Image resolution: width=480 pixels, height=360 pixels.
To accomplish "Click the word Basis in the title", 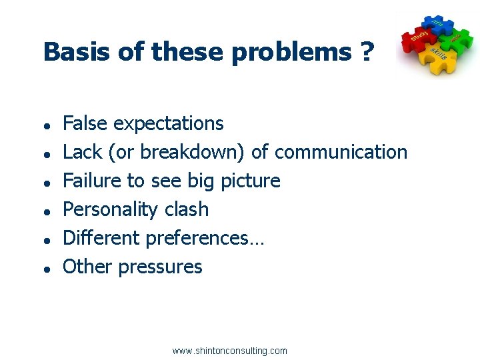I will [69, 51].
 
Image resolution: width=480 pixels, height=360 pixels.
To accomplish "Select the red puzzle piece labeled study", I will [418, 36].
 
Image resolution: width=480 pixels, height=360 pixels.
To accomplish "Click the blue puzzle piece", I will [437, 25].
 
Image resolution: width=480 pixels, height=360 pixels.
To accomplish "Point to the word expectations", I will [169, 124].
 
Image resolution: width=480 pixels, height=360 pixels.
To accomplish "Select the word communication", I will [341, 152].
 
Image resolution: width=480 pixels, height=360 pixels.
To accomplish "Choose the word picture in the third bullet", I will [249, 181].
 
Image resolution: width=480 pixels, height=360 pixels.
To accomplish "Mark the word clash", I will [187, 209].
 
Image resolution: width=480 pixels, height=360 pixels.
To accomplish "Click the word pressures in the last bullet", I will [160, 267].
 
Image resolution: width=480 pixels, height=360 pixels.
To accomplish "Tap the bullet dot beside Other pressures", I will [47, 268].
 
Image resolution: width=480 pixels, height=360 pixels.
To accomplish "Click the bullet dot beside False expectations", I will [47, 125].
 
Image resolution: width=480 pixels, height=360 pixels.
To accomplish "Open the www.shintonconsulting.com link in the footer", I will [229, 351].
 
